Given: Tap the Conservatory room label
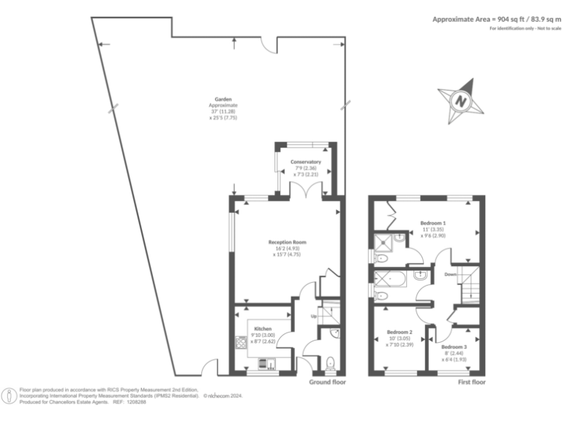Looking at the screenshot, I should click(x=306, y=161).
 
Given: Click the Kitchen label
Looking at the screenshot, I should click(x=263, y=330).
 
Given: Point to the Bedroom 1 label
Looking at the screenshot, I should click(x=433, y=222).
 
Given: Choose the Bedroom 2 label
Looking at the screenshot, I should click(x=400, y=331).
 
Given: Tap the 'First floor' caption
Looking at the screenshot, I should click(x=473, y=382).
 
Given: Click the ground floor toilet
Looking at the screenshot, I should click(x=331, y=361).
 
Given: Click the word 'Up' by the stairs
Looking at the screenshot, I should click(x=315, y=316).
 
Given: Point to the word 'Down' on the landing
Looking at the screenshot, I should click(x=451, y=274).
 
